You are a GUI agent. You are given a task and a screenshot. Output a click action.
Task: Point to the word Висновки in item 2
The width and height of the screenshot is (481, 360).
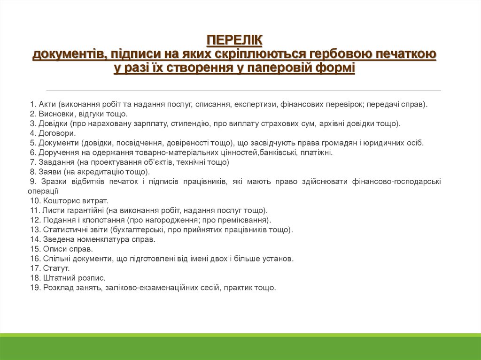57,114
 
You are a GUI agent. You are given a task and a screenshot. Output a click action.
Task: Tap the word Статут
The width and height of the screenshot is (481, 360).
56,268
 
